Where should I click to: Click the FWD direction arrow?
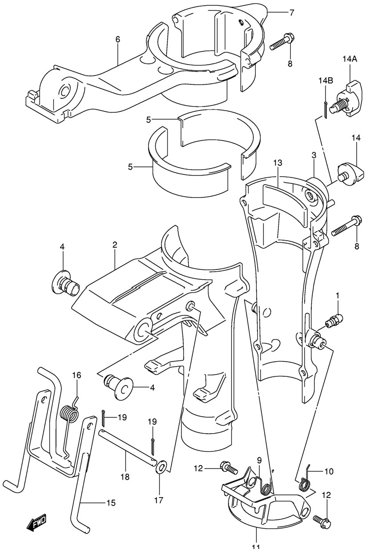pos(36,521)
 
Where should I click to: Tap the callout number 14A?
pos(350,59)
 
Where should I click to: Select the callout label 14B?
pos(326,80)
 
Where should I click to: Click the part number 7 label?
pos(292,12)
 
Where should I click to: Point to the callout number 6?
pos(118,39)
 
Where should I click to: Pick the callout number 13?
pos(278,163)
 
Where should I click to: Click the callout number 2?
pos(114,245)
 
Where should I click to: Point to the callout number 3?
pos(314,156)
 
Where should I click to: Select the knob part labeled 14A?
pos(349,99)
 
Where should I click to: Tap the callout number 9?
pos(259,460)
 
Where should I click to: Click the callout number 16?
pos(76,383)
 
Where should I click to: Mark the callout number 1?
pos(338,296)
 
